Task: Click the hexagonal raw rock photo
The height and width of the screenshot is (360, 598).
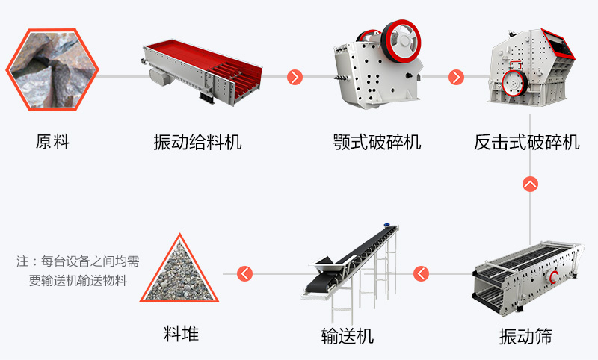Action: (x=52, y=69)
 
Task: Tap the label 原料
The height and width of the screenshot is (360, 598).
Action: (x=52, y=142)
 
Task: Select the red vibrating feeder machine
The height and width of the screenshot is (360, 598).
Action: (x=202, y=72)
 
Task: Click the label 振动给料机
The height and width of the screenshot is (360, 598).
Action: (x=197, y=142)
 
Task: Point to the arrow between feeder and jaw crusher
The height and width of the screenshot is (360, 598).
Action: (x=295, y=77)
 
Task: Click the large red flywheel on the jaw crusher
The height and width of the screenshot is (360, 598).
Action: (x=401, y=41)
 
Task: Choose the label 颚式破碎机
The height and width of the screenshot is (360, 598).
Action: (x=377, y=142)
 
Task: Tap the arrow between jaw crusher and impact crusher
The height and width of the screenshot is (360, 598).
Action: (x=456, y=77)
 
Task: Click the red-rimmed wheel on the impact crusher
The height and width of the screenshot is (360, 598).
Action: (x=514, y=83)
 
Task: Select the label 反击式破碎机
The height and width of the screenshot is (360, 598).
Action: (x=527, y=142)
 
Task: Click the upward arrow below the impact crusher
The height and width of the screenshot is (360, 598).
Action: (x=531, y=184)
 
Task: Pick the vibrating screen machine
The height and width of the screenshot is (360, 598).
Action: (x=528, y=278)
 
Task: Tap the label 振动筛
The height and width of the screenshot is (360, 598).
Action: (x=525, y=336)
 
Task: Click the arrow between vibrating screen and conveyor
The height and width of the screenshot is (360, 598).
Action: (x=421, y=273)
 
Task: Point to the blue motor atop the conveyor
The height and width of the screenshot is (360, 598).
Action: (x=387, y=225)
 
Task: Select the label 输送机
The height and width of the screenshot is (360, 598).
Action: (x=348, y=336)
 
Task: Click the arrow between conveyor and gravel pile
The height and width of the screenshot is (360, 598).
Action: (x=245, y=273)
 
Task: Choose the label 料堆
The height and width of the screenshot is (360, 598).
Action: (x=181, y=334)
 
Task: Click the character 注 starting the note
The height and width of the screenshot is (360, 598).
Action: (x=22, y=261)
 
